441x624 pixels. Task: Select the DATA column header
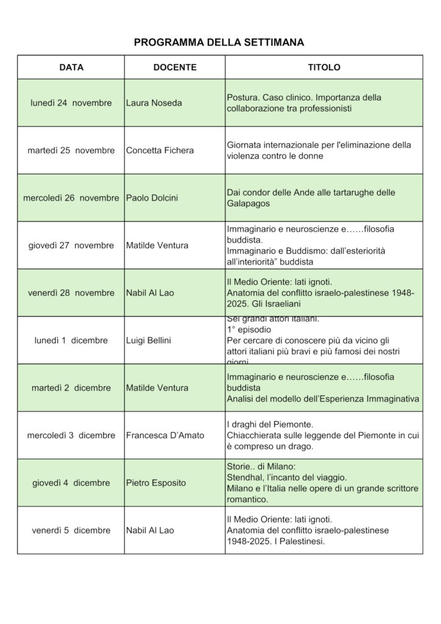tap(71, 67)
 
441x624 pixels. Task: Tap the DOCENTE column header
tap(174, 67)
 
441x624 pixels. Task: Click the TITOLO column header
tap(324, 67)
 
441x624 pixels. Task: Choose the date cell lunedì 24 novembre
tap(71, 103)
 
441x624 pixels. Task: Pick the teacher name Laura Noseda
tap(153, 103)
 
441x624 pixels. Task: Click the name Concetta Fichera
tap(160, 151)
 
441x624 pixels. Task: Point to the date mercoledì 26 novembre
tap(71, 198)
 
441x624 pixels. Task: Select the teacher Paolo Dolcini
tap(153, 198)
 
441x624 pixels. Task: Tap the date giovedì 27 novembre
tap(71, 246)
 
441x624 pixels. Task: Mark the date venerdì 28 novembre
tap(71, 293)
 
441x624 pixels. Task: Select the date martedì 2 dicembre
tap(71, 388)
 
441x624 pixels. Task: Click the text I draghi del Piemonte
tap(269, 424)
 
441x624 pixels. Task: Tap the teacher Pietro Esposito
tap(155, 483)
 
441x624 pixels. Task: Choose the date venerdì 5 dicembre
tap(71, 531)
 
